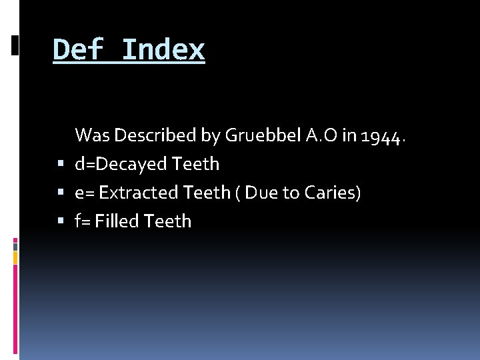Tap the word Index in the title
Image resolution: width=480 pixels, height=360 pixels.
coord(163,50)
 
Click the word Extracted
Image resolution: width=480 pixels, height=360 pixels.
coord(139,193)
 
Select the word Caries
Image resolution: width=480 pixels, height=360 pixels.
coord(333,193)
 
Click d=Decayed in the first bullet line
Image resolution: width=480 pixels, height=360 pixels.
coord(121,164)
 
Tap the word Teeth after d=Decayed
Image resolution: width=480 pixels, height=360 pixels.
coord(195,164)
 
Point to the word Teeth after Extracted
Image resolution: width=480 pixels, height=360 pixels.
coord(207,193)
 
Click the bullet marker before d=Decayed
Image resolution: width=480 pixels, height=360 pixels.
coord(61,164)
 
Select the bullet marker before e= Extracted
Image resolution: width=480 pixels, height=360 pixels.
coord(61,193)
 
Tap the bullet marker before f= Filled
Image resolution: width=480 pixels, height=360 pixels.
coord(61,221)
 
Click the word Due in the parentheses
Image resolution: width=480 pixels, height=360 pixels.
coord(261,193)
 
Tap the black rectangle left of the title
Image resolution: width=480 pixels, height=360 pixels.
coord(15,45)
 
